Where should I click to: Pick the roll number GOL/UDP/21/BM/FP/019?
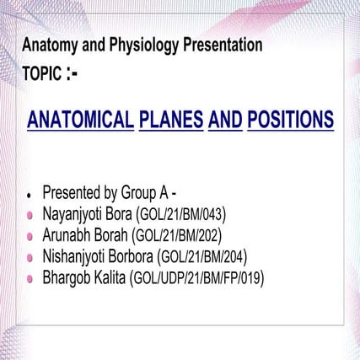click(x=197, y=279)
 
